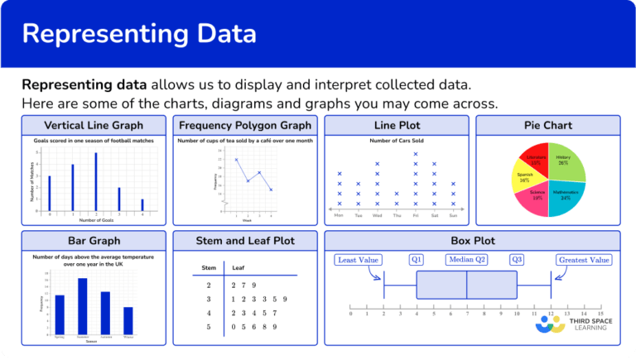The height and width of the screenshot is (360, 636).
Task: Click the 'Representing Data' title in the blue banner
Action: point(139,34)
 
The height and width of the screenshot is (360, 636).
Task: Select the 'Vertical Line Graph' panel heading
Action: point(94,126)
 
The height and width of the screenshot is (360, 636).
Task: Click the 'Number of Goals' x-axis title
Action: point(97,219)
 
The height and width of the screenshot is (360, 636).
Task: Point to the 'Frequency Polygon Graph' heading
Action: point(245,126)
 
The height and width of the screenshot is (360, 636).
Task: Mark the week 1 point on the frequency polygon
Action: point(236,160)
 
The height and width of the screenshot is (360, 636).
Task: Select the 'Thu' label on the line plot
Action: point(396,214)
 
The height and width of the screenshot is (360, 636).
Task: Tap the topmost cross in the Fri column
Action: point(416,154)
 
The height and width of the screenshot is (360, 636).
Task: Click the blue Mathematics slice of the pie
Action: point(564,197)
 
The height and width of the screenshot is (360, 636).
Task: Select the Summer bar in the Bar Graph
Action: point(83,305)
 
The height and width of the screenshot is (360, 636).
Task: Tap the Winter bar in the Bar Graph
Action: point(128,319)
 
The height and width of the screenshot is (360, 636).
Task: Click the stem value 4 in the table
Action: point(208,313)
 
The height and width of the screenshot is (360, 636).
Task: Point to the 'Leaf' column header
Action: point(238,268)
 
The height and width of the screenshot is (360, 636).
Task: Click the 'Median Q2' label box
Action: point(467,259)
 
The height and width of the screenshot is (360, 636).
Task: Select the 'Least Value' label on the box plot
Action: point(359,260)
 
